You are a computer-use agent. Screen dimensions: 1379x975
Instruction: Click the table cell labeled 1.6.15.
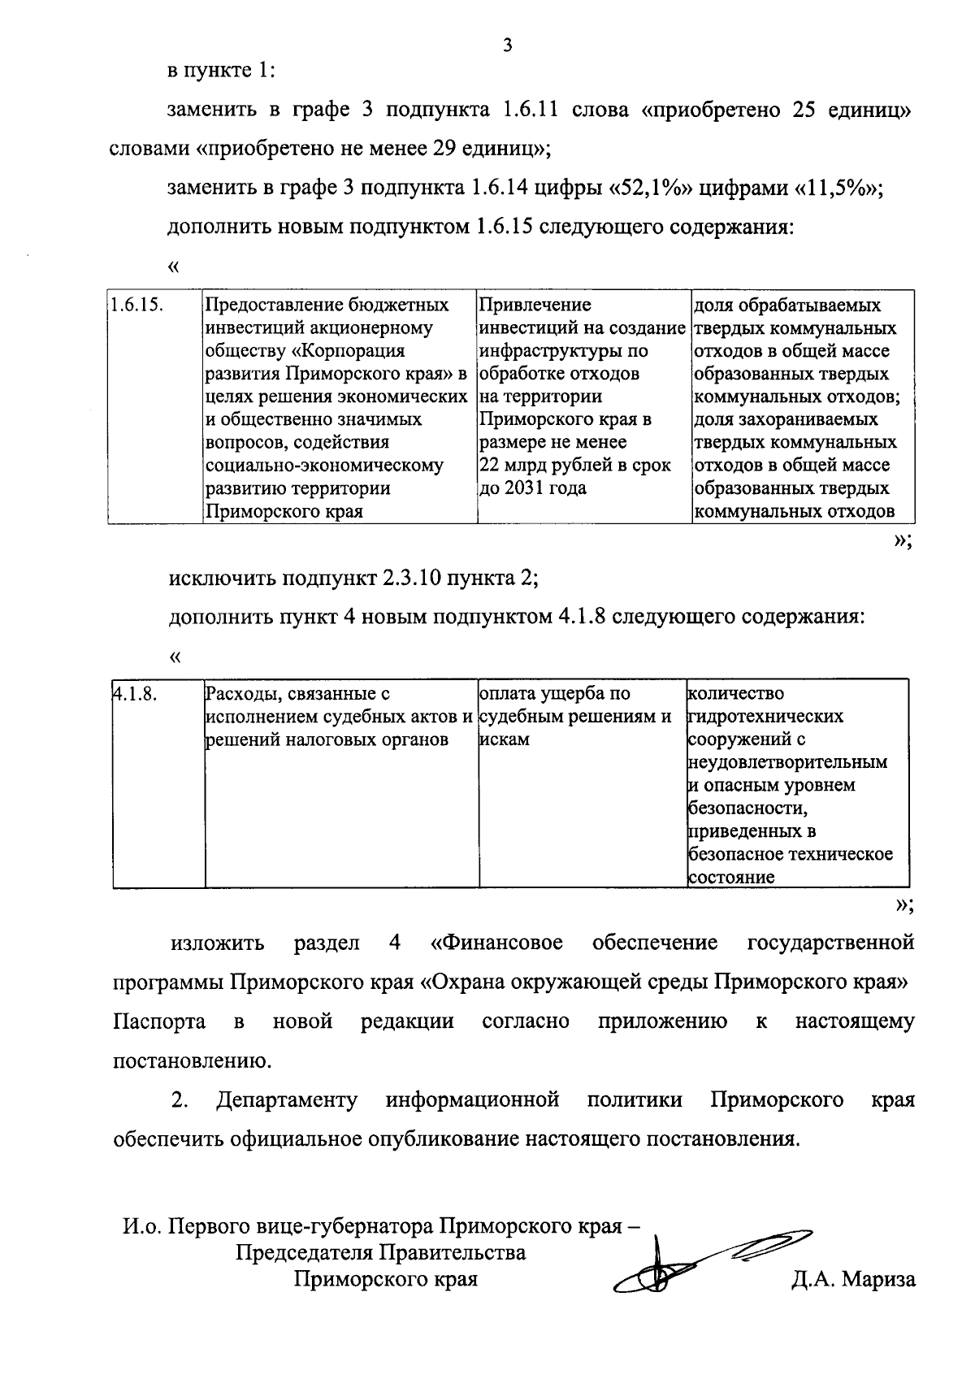point(136,305)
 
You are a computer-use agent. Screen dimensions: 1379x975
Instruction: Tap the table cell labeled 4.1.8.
point(134,694)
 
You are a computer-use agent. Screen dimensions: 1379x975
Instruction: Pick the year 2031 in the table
point(526,488)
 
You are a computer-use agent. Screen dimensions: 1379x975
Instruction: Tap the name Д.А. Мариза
point(854,1280)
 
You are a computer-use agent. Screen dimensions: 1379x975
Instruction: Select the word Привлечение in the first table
point(535,305)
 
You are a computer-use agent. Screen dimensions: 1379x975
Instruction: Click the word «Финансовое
point(496,943)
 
